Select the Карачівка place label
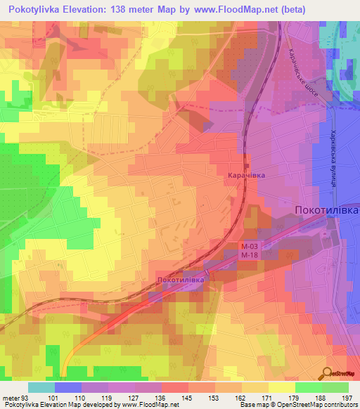(x=246, y=176)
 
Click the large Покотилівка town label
(x=326, y=210)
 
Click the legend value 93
(x=27, y=397)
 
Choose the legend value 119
(x=108, y=397)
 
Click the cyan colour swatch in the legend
(x=41, y=387)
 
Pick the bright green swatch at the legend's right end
(x=335, y=387)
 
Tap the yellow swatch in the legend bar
(x=282, y=387)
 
